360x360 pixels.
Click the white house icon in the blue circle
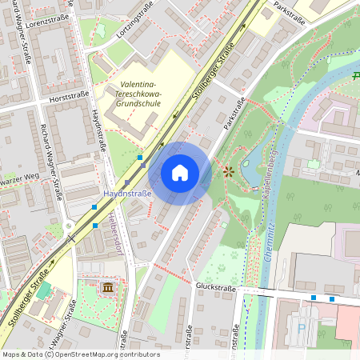click(180, 173)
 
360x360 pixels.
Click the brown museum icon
click(107, 287)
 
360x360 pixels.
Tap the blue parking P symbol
click(301, 328)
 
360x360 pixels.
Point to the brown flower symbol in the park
click(229, 170)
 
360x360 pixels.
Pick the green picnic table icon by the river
click(356, 76)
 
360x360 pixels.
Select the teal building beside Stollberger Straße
click(42, 290)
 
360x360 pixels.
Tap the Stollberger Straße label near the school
click(210, 80)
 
